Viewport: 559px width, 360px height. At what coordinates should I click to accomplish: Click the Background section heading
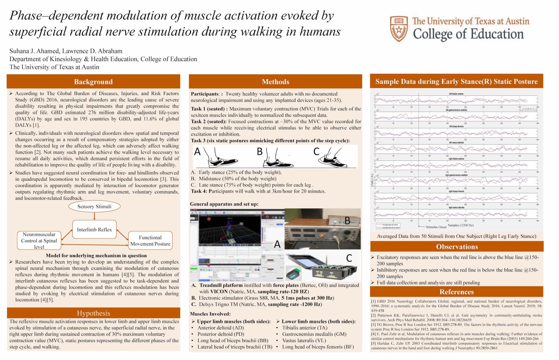pos(93,82)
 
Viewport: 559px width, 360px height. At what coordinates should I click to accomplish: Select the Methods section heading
pos(275,82)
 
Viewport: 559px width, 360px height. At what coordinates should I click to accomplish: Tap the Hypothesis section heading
pos(93,313)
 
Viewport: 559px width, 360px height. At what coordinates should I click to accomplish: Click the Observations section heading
pos(457,246)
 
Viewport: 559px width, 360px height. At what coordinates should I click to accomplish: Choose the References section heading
pos(456,292)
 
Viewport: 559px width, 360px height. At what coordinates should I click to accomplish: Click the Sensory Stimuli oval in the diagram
pos(94,207)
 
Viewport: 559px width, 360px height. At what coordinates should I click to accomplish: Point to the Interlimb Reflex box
pos(94,230)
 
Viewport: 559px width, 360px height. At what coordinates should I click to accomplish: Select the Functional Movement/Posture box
pos(150,240)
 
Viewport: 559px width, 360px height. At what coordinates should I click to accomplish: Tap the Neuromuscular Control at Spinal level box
pos(39,240)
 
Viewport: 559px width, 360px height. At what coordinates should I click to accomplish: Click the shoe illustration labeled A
pos(217,157)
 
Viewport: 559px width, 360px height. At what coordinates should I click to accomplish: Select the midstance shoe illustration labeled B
pos(276,157)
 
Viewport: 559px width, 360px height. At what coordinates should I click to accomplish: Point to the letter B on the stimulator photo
pos(347,220)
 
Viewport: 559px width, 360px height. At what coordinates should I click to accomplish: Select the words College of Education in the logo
pos(468,34)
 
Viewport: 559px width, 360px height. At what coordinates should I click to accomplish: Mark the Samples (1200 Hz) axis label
pos(461,225)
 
